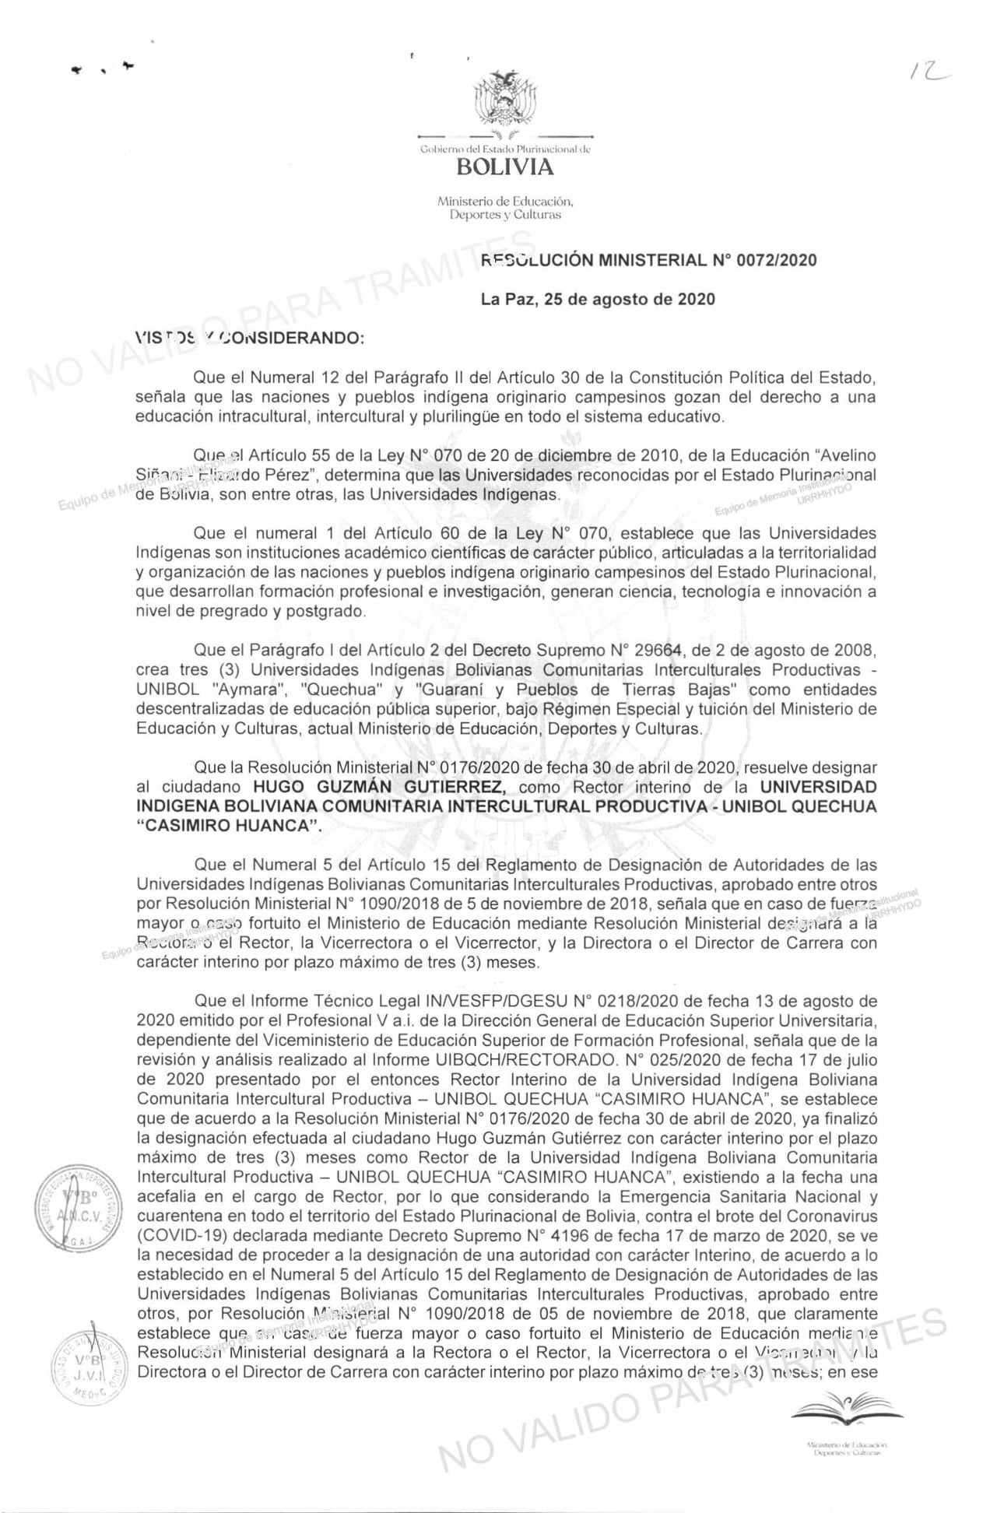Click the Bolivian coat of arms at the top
pyautogui.click(x=506, y=99)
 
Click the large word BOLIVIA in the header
pyautogui.click(x=505, y=167)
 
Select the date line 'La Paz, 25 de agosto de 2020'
pyautogui.click(x=598, y=300)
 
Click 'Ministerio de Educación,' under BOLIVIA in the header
pyautogui.click(x=505, y=202)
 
